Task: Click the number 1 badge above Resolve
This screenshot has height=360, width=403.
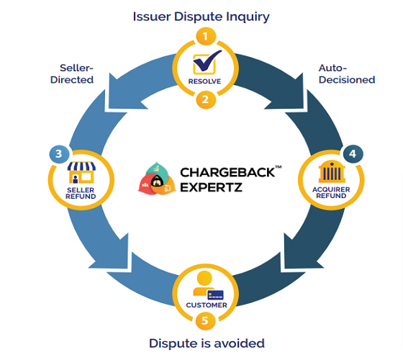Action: click(206, 36)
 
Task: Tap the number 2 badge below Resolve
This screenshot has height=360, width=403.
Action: click(206, 99)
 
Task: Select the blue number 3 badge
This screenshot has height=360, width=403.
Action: click(59, 154)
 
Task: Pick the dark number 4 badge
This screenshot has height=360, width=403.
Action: click(353, 154)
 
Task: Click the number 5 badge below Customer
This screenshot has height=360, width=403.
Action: click(205, 320)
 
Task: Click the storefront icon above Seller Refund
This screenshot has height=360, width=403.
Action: click(81, 172)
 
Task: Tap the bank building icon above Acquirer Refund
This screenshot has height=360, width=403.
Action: click(332, 171)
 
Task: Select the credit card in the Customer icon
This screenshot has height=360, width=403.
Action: click(215, 295)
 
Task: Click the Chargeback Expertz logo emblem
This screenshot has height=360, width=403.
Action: click(157, 179)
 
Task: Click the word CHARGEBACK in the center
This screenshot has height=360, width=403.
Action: click(227, 173)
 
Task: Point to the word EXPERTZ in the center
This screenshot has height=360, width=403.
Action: click(211, 187)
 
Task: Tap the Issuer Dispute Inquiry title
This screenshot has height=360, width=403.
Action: click(201, 17)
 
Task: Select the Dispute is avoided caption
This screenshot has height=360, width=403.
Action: click(207, 343)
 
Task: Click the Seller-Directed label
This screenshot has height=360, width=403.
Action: click(72, 73)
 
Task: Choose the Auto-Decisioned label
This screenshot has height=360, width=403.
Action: click(347, 73)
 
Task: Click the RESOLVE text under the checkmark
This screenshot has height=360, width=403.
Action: click(204, 81)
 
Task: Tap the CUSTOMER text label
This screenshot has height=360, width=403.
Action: click(207, 305)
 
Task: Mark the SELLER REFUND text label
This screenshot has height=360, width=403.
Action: click(81, 194)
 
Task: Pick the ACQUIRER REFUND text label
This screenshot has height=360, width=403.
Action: click(331, 193)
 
